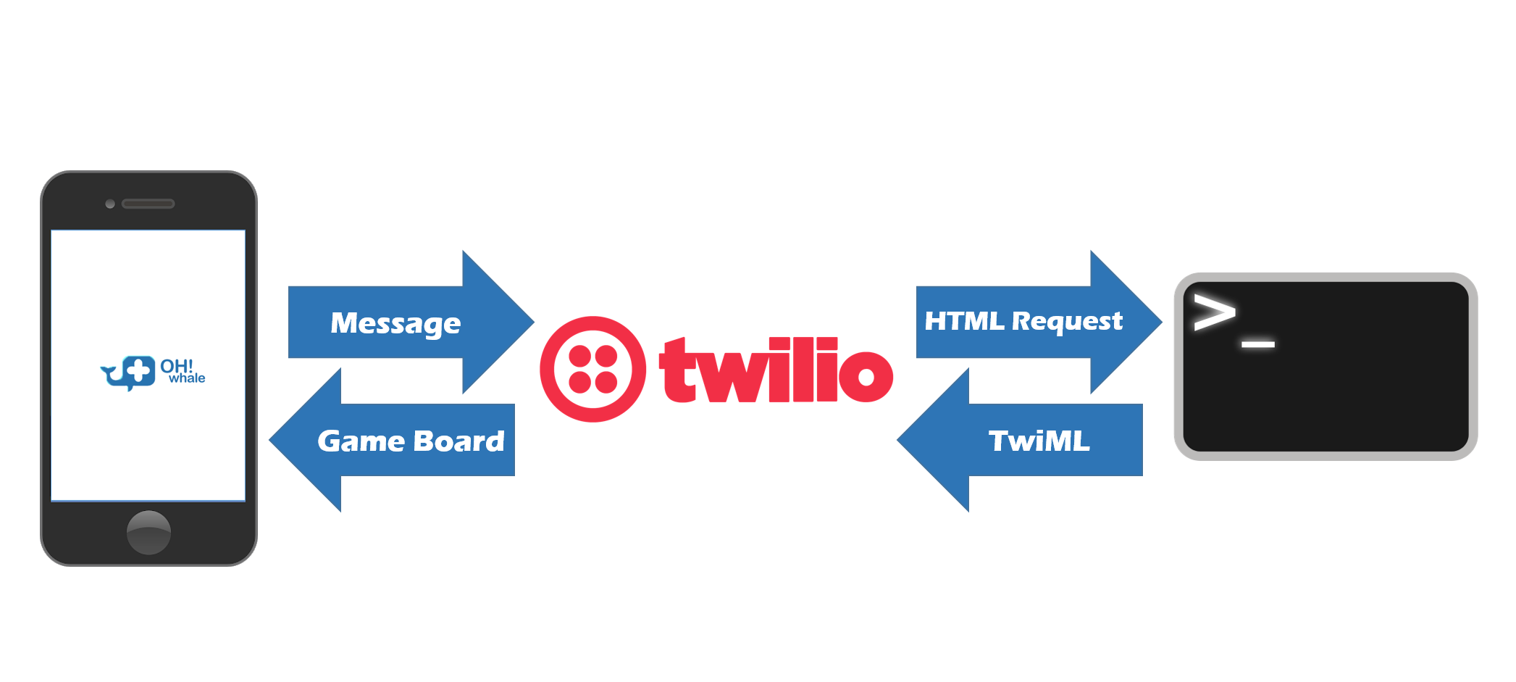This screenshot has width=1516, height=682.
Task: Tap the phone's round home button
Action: (x=148, y=533)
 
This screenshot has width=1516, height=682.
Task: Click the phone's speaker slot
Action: (x=148, y=204)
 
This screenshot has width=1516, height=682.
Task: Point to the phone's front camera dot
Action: (x=110, y=204)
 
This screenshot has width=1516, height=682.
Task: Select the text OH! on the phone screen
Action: (x=176, y=366)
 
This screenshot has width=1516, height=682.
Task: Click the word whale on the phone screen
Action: (x=187, y=378)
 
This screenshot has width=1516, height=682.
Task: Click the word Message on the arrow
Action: (x=395, y=323)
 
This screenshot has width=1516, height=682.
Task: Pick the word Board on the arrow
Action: (x=458, y=441)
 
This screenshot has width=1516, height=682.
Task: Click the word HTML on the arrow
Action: (x=964, y=321)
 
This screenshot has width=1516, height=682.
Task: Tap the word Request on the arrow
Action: (x=1067, y=321)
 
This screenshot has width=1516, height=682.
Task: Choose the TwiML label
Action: (x=1039, y=441)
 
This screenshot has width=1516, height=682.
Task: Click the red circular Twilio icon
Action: (x=593, y=369)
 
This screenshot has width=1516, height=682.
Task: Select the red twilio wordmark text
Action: (x=776, y=370)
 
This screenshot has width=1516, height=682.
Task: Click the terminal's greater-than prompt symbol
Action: (x=1214, y=312)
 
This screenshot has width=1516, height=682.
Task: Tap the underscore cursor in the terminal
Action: (x=1258, y=344)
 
